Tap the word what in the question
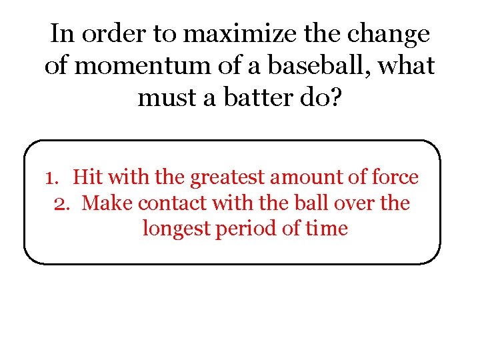point(407,66)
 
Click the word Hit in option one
point(87,177)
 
